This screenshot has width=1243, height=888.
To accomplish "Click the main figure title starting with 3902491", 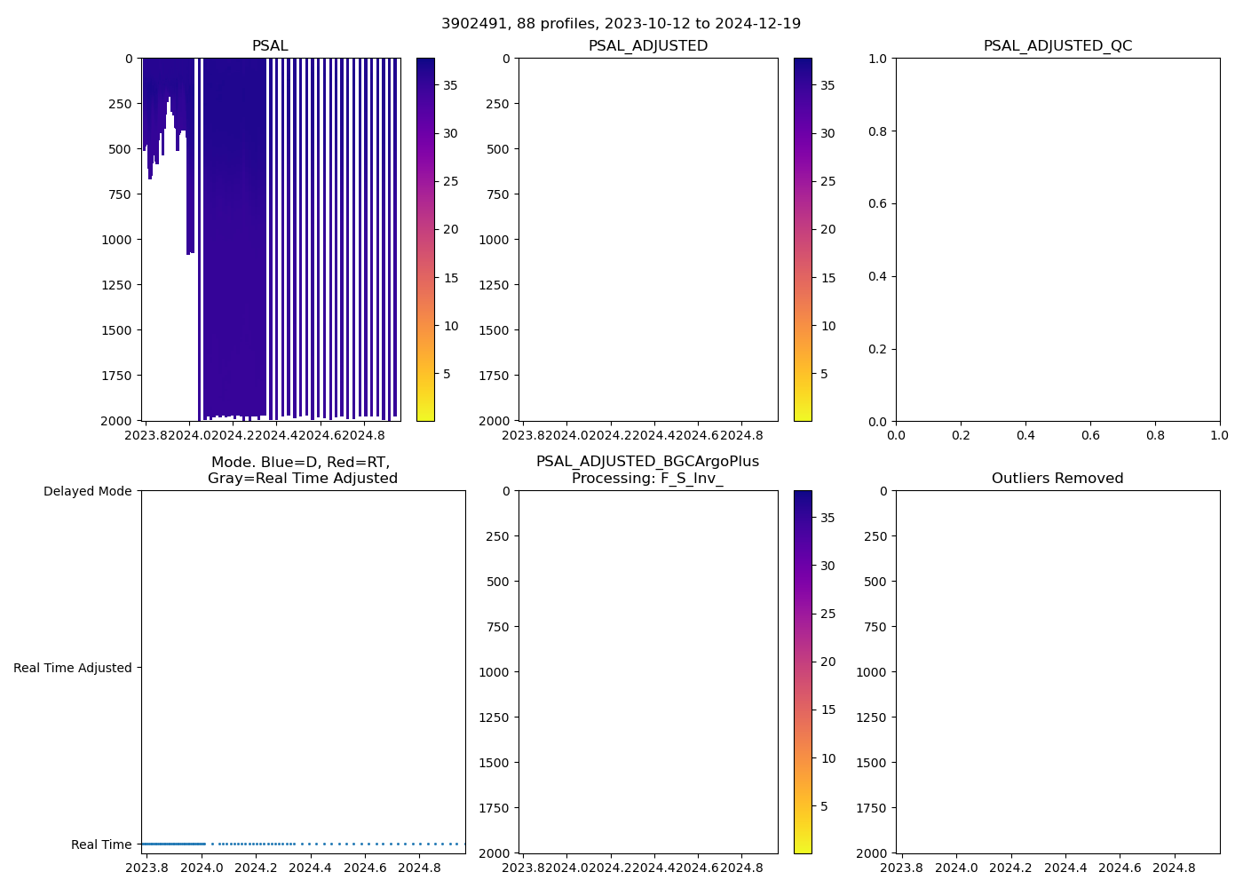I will pos(621,23).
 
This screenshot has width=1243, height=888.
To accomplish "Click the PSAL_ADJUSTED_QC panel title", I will pos(1057,45).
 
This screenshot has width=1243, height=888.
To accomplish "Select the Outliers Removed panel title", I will pos(1057,478).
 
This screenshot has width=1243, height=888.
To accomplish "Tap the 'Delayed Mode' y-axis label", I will pos(87,491).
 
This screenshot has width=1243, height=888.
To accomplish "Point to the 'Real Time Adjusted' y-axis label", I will pos(73,668).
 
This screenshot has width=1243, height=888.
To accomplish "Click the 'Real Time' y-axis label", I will pos(101,844).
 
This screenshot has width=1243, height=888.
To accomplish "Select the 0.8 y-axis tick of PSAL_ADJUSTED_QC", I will pos(878,131).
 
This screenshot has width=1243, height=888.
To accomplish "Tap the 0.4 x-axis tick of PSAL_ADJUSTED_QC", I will pos(1025,435).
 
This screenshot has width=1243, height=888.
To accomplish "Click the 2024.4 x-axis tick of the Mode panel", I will pos(311,868).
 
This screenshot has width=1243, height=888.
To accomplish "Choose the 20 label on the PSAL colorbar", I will pos(451,229).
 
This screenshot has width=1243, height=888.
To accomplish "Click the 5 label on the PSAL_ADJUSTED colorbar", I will pos(824,374).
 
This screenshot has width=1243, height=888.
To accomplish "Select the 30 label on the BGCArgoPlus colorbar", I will pos(827,566).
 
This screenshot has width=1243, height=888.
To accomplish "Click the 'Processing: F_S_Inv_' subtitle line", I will pos(647,478).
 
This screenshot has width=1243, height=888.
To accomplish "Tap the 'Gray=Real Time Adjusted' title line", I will pos(303,478).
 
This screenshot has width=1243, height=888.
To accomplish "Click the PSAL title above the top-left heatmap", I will pos(270,45).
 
